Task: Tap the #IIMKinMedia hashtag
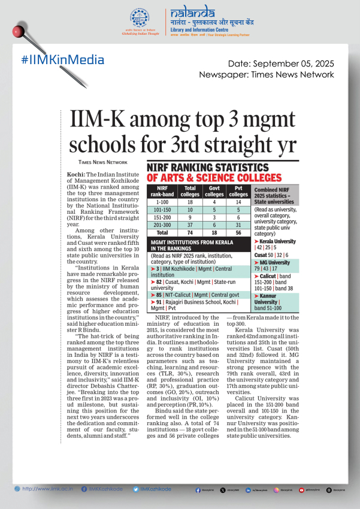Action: point(62,60)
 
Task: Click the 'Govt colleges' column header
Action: point(214,191)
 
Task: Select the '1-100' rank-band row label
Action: point(162,202)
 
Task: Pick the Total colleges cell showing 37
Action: point(190,223)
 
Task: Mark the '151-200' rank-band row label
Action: point(162,216)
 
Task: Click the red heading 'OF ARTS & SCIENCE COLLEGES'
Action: point(214,178)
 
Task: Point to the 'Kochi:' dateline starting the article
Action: point(75,172)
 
